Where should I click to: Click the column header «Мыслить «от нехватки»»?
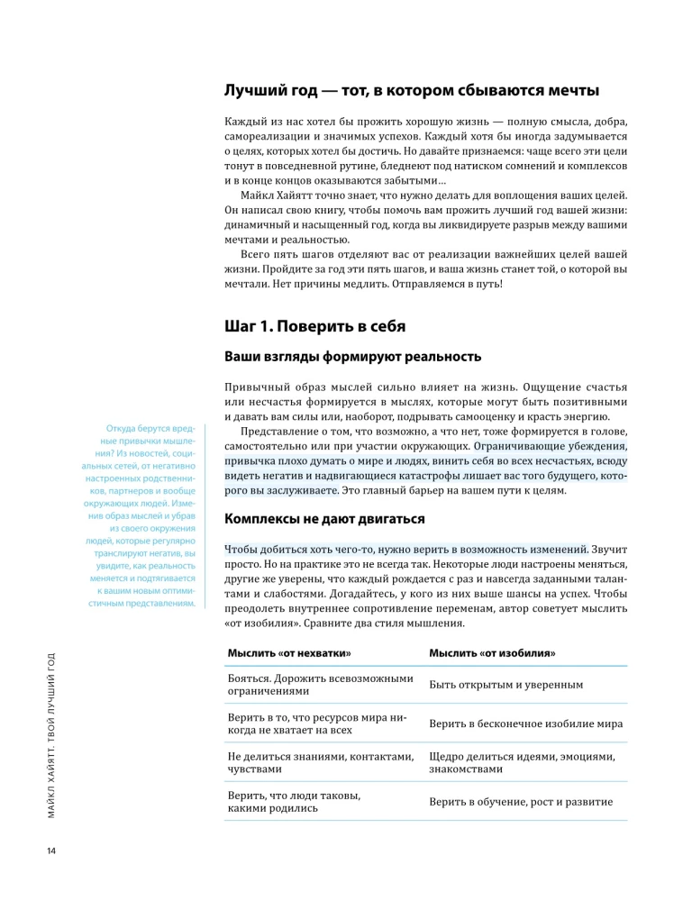pos(288,652)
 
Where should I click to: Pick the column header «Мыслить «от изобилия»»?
pos(491,652)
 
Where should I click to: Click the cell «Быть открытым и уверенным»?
pos(505,685)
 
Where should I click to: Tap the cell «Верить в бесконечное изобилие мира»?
pos(525,724)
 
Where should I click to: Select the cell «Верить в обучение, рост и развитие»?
pos(522,801)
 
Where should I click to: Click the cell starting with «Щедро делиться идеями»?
pos(522,762)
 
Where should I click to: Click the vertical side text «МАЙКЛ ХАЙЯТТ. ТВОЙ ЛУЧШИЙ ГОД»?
pos(51,733)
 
